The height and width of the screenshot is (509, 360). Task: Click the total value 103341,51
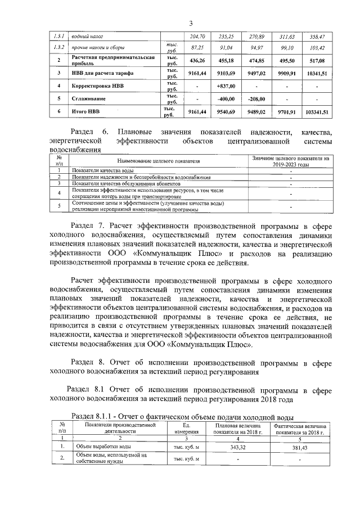pyautogui.click(x=317, y=112)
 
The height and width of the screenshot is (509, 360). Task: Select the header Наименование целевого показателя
pyautogui.click(x=159, y=161)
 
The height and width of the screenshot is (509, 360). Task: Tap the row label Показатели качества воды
pyautogui.click(x=103, y=170)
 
